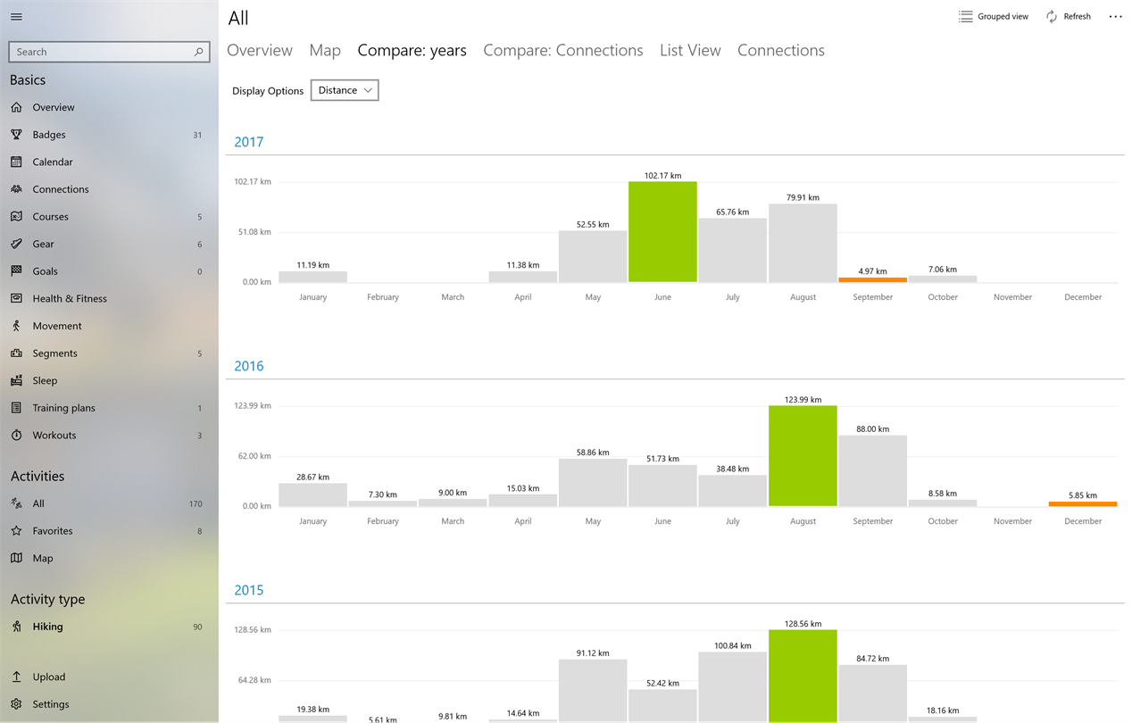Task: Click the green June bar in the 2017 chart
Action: coord(662,231)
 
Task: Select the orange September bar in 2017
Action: coord(873,279)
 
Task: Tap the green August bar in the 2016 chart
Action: coord(803,456)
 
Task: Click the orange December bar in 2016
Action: coord(1083,503)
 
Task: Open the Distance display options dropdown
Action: coord(345,90)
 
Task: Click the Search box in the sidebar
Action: coord(109,52)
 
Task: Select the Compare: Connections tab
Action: coord(563,51)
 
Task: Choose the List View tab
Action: coord(690,51)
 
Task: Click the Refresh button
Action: coord(1069,17)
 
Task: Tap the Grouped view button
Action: coord(993,17)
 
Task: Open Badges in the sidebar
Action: coord(49,135)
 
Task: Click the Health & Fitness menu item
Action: coord(70,299)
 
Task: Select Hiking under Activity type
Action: coord(48,627)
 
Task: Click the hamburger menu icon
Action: coord(16,17)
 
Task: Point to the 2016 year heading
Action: coord(249,366)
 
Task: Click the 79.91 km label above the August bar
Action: coord(803,197)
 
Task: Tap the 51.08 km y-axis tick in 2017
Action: coord(254,232)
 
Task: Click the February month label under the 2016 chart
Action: coord(383,521)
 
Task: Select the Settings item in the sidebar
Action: coord(51,703)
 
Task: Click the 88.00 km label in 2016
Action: coord(873,429)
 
